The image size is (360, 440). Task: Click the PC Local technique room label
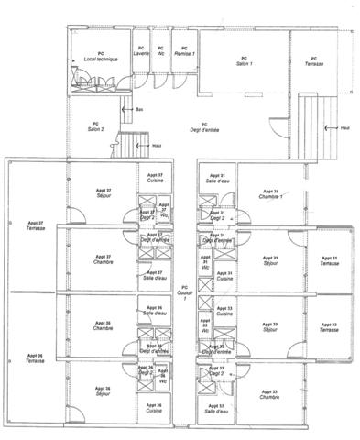(x=101, y=56)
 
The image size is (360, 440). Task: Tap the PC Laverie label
(x=141, y=50)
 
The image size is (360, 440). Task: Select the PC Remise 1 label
(x=184, y=50)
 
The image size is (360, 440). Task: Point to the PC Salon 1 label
(x=244, y=62)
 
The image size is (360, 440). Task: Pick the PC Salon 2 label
(x=95, y=126)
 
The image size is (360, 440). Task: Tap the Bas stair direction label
(x=139, y=110)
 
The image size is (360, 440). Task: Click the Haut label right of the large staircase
(x=344, y=127)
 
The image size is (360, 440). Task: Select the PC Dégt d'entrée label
(x=204, y=126)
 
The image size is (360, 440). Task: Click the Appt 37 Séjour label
(x=103, y=194)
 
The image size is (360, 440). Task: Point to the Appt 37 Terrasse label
(x=35, y=225)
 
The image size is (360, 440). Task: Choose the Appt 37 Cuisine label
(x=155, y=178)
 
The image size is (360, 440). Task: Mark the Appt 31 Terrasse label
(x=328, y=261)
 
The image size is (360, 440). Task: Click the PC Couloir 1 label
(x=184, y=293)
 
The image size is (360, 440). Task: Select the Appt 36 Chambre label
(x=103, y=325)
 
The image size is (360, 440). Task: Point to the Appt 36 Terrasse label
(x=35, y=358)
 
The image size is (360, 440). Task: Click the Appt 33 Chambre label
(x=269, y=394)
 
